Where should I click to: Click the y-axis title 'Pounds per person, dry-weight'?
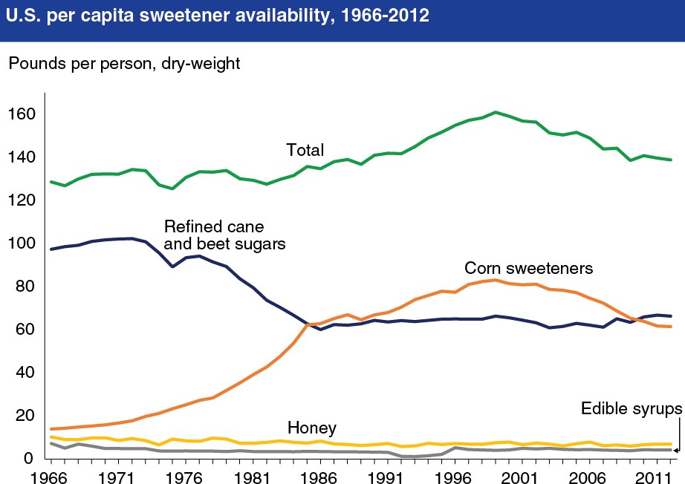coord(124,65)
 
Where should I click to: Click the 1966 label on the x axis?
coord(51,473)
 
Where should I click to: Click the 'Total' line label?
coord(305,151)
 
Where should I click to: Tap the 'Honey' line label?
coord(311,428)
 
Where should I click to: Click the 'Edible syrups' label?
coord(631,409)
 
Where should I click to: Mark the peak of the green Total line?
coord(494,113)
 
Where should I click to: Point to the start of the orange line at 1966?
coord(51,429)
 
